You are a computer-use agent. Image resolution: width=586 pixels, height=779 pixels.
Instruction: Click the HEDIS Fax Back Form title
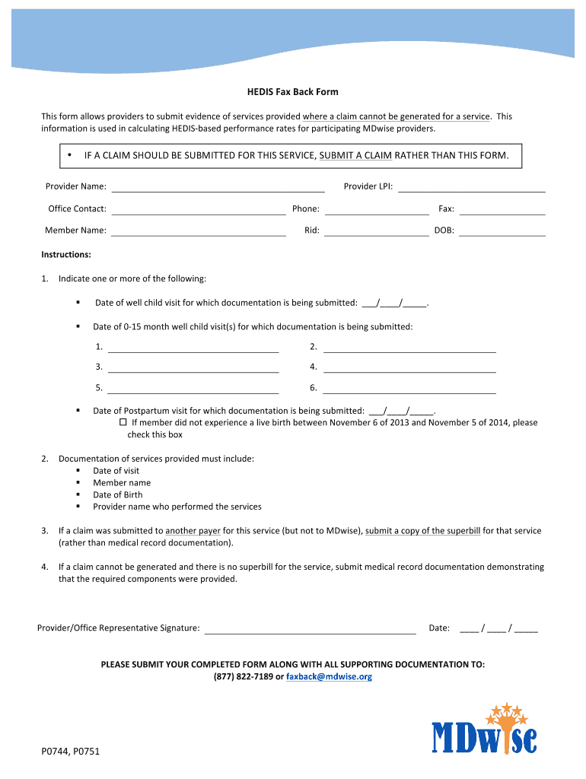292,92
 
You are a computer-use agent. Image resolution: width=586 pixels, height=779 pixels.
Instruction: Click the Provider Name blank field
218,187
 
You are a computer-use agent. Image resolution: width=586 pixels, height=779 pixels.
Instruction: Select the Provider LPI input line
472,187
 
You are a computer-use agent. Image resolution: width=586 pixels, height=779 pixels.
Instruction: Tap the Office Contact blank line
199,209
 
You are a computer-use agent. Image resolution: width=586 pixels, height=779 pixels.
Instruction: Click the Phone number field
377,209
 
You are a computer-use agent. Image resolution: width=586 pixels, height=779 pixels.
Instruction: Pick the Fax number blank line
502,209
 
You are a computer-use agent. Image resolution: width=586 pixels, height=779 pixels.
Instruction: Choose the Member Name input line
199,231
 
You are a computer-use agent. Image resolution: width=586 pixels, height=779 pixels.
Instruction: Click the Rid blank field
377,231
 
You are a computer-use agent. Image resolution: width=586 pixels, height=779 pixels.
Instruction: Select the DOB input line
502,231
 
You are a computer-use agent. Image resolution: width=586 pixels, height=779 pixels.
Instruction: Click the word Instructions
66,255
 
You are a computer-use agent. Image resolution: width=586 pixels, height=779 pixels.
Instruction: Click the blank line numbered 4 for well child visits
410,367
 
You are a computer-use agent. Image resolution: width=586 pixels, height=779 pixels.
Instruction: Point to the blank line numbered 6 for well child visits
410,388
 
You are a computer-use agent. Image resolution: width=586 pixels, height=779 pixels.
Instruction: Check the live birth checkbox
123,422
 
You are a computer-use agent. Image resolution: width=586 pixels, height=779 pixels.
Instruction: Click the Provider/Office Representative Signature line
311,628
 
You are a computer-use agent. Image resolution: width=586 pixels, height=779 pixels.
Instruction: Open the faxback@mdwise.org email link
329,676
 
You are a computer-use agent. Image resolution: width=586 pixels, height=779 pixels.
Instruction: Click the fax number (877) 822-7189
243,676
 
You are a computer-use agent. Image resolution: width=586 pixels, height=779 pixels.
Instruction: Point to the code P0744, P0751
71,752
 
